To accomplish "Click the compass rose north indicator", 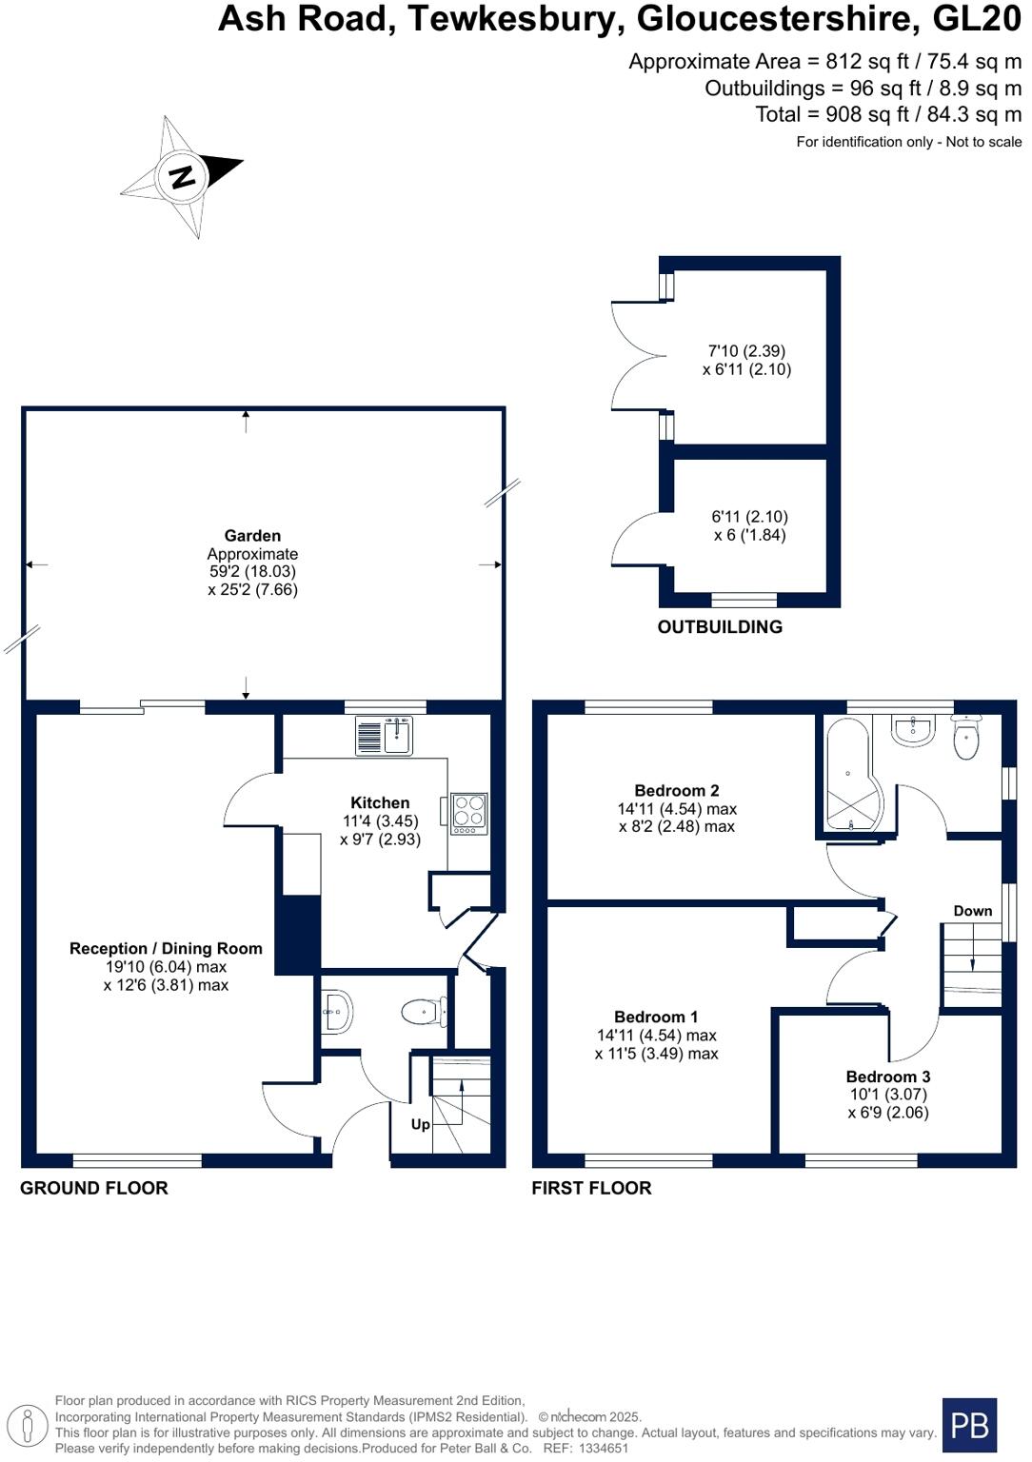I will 182,176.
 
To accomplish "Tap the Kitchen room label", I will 380,802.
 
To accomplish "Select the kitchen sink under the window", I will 385,736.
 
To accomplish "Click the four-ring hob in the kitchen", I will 468,814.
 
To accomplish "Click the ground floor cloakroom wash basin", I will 337,1010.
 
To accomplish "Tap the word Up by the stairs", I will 420,1124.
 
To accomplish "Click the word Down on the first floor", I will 972,911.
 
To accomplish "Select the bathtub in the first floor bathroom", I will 847,776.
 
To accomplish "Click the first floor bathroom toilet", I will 966,740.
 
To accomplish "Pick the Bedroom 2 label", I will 676,790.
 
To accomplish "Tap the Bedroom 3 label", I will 887,1077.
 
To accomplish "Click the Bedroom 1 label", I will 655,1017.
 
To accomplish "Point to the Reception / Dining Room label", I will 166,948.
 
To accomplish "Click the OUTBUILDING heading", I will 720,626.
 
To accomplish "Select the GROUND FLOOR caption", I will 94,1188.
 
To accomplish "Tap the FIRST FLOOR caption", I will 591,1188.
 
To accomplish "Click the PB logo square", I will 969,1425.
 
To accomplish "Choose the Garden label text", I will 252,536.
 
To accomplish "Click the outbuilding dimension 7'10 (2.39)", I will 746,350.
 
